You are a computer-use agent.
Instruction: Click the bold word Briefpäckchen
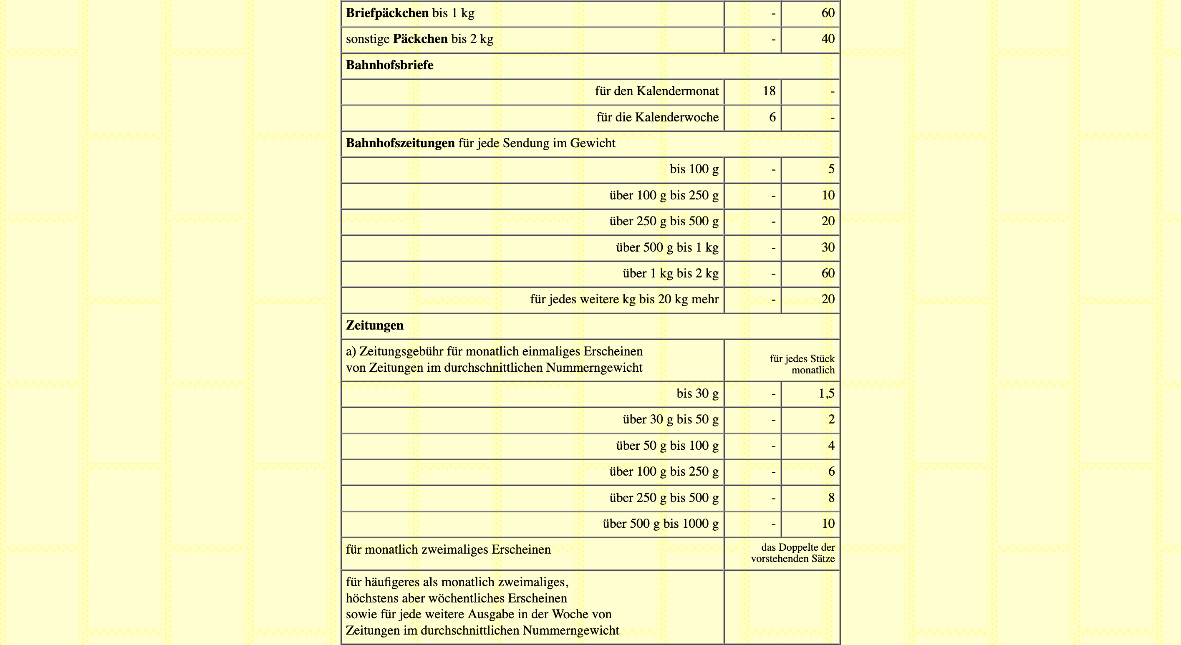(x=387, y=13)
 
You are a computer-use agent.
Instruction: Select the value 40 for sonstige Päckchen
(x=828, y=39)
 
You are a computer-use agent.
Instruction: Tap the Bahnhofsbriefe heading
(x=389, y=65)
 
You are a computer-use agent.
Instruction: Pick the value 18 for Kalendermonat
(x=769, y=91)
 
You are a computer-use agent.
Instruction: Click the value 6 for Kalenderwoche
(x=772, y=117)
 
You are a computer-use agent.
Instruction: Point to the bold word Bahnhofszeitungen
(x=400, y=143)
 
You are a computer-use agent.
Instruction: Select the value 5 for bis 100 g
(x=831, y=169)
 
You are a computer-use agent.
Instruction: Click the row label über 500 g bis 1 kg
(x=667, y=247)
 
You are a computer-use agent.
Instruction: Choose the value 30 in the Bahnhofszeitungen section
(x=828, y=247)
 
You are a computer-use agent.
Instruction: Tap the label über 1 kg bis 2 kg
(x=670, y=274)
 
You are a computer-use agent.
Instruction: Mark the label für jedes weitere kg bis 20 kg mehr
(x=624, y=300)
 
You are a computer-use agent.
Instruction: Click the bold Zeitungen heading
(x=375, y=325)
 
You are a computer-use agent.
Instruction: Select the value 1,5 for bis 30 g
(x=826, y=394)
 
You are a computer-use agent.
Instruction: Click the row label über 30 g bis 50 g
(x=670, y=419)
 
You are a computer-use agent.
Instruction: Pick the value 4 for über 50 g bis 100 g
(x=831, y=446)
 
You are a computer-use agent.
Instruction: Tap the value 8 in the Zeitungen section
(x=831, y=498)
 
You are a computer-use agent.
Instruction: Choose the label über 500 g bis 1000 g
(x=660, y=524)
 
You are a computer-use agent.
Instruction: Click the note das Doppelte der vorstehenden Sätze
(x=792, y=553)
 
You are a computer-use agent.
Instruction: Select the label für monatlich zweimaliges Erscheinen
(x=448, y=549)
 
